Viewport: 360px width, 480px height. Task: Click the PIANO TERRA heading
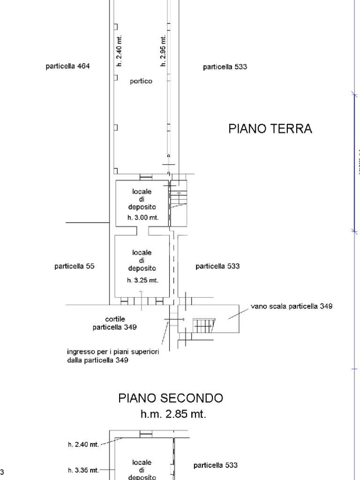pyautogui.click(x=270, y=129)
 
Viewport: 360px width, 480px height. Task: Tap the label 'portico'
pyautogui.click(x=141, y=81)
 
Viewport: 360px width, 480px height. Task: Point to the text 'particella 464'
pyautogui.click(x=67, y=66)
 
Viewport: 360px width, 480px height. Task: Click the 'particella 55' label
pyautogui.click(x=74, y=266)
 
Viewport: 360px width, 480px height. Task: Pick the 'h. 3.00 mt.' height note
pyautogui.click(x=143, y=217)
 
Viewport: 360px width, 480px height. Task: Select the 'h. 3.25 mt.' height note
pyautogui.click(x=142, y=280)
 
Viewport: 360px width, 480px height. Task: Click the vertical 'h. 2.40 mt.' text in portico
pyautogui.click(x=119, y=51)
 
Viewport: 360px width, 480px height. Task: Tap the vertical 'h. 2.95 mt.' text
pyautogui.click(x=163, y=51)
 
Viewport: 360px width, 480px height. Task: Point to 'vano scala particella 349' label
pyautogui.click(x=292, y=306)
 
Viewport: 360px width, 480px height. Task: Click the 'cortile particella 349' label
pyautogui.click(x=114, y=323)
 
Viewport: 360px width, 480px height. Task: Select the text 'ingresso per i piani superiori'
pyautogui.click(x=113, y=352)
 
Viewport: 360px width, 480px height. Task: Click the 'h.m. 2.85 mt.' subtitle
pyautogui.click(x=173, y=414)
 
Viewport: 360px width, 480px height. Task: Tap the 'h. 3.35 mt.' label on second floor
pyautogui.click(x=83, y=470)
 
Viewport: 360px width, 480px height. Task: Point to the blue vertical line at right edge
pyautogui.click(x=354, y=162)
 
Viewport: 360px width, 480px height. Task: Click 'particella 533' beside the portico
pyautogui.click(x=225, y=67)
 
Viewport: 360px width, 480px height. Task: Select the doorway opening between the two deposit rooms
pyautogui.click(x=142, y=231)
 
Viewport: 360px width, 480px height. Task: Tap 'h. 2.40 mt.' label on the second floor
pyautogui.click(x=83, y=444)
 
